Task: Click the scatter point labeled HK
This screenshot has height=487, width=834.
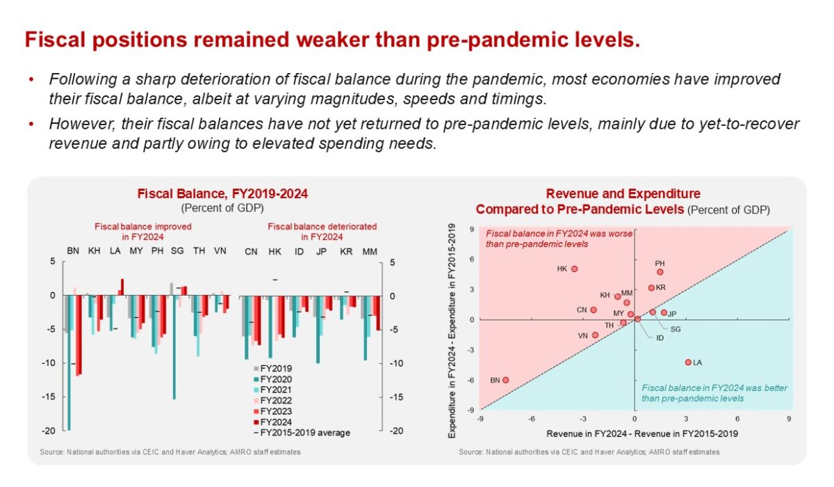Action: pyautogui.click(x=574, y=269)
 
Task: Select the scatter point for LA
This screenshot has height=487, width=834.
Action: pyautogui.click(x=688, y=362)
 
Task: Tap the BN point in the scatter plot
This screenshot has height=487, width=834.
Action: pyautogui.click(x=505, y=380)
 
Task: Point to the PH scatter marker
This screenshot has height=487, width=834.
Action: pyautogui.click(x=660, y=272)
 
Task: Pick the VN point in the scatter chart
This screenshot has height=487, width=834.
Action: pyautogui.click(x=595, y=335)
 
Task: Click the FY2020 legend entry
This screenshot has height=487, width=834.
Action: pyautogui.click(x=275, y=379)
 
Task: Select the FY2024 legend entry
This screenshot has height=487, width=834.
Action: pyautogui.click(x=275, y=422)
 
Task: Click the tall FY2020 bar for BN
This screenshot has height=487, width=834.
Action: pyautogui.click(x=69, y=362)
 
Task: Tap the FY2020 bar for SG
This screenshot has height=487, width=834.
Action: pyautogui.click(x=174, y=347)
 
